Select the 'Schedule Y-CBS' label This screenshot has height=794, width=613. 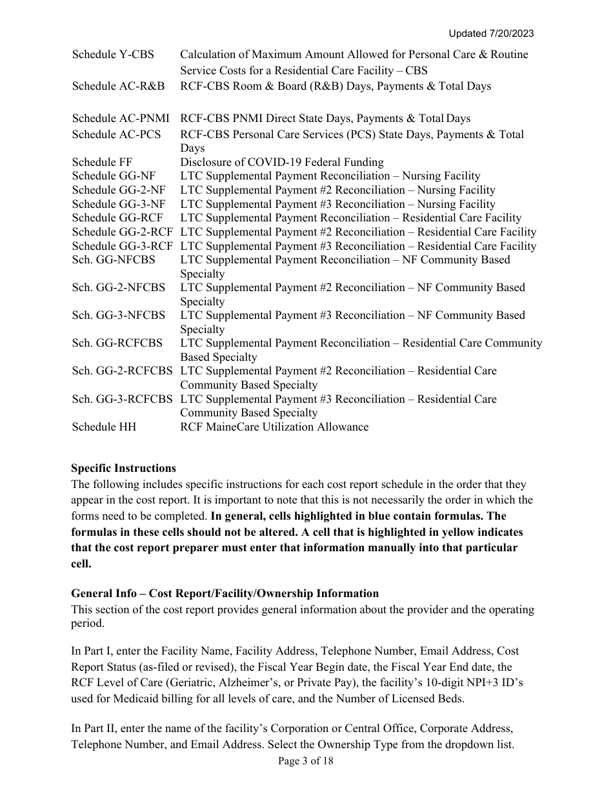[113, 55]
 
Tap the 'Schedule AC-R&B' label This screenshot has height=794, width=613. [118, 86]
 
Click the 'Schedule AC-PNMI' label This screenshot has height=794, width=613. [121, 118]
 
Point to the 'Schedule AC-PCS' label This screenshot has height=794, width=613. [116, 134]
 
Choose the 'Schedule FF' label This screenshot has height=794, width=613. [102, 162]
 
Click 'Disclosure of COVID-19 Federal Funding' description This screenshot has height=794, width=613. [281, 162]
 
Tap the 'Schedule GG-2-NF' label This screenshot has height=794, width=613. [118, 190]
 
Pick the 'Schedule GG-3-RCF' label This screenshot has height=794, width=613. [122, 246]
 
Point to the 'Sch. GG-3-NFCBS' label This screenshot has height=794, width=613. [118, 315]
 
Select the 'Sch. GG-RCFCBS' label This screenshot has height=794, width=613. [117, 343]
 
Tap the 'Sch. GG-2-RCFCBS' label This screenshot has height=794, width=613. [122, 371]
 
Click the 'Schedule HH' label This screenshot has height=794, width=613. [104, 427]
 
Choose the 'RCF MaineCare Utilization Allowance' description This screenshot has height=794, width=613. [274, 427]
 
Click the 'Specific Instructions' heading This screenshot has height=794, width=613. [123, 468]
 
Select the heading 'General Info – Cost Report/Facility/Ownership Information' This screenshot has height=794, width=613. [225, 593]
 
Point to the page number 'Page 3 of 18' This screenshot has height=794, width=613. [306, 761]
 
